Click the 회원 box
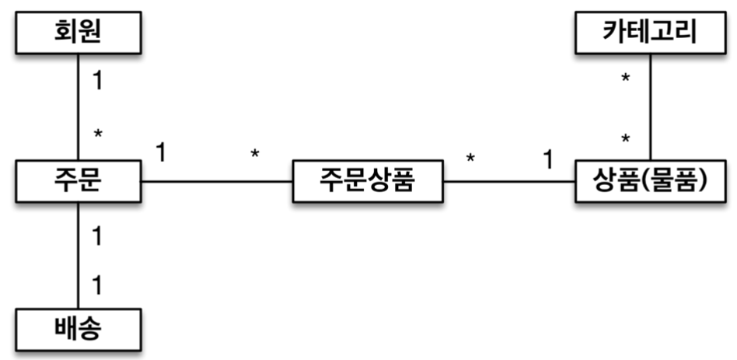[x=78, y=32]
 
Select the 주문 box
[x=78, y=182]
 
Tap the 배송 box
[x=78, y=330]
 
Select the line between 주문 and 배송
[x=79, y=257]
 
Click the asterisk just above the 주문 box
[x=97, y=135]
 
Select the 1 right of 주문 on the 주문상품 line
[x=161, y=151]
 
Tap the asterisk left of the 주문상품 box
[x=255, y=154]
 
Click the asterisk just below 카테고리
[x=626, y=80]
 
